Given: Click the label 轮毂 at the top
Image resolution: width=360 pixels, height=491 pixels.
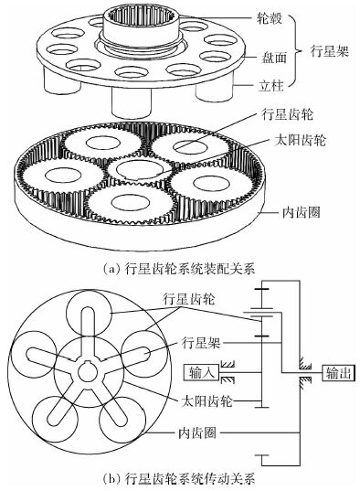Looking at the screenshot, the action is [269, 18].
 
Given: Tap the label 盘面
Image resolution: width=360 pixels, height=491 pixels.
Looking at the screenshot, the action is [274, 58].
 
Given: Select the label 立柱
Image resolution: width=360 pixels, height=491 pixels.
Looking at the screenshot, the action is [271, 85].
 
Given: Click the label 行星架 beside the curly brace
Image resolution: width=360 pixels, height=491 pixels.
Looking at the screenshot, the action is [329, 50].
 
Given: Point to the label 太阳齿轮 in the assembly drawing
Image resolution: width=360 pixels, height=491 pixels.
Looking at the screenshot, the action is [301, 140].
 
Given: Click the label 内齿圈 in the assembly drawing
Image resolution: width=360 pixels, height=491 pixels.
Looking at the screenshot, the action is [302, 213].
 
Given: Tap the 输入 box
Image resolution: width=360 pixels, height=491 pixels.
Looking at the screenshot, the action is [201, 372].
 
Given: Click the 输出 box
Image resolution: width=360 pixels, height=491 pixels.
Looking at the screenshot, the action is [338, 373].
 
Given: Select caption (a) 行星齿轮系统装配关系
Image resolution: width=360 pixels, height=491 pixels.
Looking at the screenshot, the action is [179, 269].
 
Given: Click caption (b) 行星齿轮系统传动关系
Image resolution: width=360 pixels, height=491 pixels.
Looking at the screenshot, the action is [179, 479].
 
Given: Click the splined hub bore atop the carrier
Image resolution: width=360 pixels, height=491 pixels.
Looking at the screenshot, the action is [141, 15].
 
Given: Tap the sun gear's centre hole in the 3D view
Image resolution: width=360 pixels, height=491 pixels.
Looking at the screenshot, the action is [140, 169].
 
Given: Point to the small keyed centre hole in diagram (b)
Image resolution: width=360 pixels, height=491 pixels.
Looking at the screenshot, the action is [87, 373].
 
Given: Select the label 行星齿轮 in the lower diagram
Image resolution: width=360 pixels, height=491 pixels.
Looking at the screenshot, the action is [188, 299].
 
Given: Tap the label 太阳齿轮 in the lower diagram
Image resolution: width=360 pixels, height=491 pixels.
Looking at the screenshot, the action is [206, 400].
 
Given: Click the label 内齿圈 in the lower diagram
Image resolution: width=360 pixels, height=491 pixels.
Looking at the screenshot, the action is [197, 432].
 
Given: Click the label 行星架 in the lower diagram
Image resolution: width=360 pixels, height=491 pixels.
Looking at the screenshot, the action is [201, 343].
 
